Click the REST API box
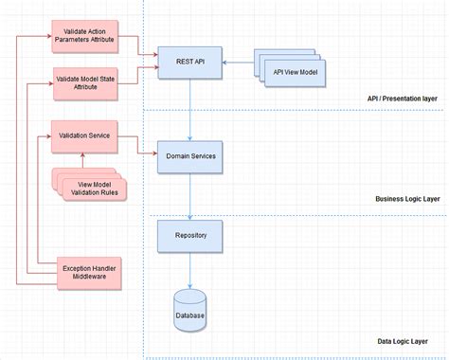click(x=190, y=62)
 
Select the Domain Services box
click(x=190, y=156)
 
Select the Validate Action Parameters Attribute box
click(x=84, y=36)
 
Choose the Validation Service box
click(x=84, y=136)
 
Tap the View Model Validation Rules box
click(x=91, y=188)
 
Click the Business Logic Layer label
click(x=407, y=200)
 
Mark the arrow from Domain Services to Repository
click(x=190, y=196)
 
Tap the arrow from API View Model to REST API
click(x=238, y=63)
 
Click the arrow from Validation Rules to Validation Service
click(x=84, y=160)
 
